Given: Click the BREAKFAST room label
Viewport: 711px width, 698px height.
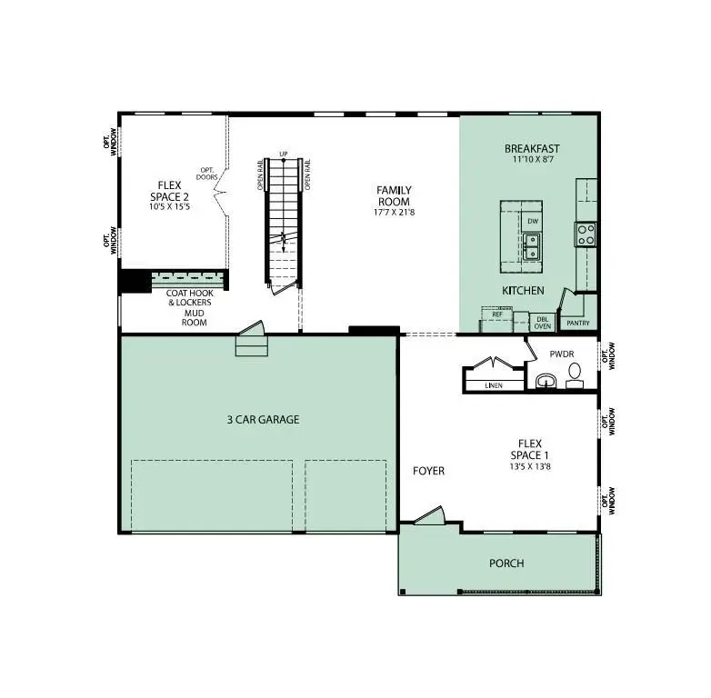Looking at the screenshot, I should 532,149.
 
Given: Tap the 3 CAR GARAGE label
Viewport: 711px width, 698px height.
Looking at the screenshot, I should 263,420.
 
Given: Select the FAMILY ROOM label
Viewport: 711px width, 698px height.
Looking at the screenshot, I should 394,195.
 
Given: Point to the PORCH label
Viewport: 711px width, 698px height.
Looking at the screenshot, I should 506,563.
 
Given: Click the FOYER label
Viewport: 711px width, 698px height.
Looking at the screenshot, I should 428,471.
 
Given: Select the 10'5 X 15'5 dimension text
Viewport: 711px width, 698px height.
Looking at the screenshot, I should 170,207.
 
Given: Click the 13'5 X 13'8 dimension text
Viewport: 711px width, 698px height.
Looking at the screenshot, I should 528,466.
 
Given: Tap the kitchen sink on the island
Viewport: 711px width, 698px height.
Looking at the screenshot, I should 531,245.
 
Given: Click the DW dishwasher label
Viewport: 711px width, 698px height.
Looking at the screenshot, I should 532,220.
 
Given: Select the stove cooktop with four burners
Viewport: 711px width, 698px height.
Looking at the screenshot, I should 586,234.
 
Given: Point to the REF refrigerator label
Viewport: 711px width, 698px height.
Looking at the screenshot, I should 497,314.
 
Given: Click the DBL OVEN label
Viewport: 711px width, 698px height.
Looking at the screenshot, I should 542,322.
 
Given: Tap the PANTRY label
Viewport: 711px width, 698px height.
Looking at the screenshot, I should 578,323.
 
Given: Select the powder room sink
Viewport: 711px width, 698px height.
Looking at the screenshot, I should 546,379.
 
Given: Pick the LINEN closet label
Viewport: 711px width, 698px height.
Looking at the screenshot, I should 494,385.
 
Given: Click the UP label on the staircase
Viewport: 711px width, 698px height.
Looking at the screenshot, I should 284,154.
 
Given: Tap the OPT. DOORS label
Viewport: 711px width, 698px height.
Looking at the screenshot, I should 207,172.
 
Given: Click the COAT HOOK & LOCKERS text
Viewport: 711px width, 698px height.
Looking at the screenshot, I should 188,297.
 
